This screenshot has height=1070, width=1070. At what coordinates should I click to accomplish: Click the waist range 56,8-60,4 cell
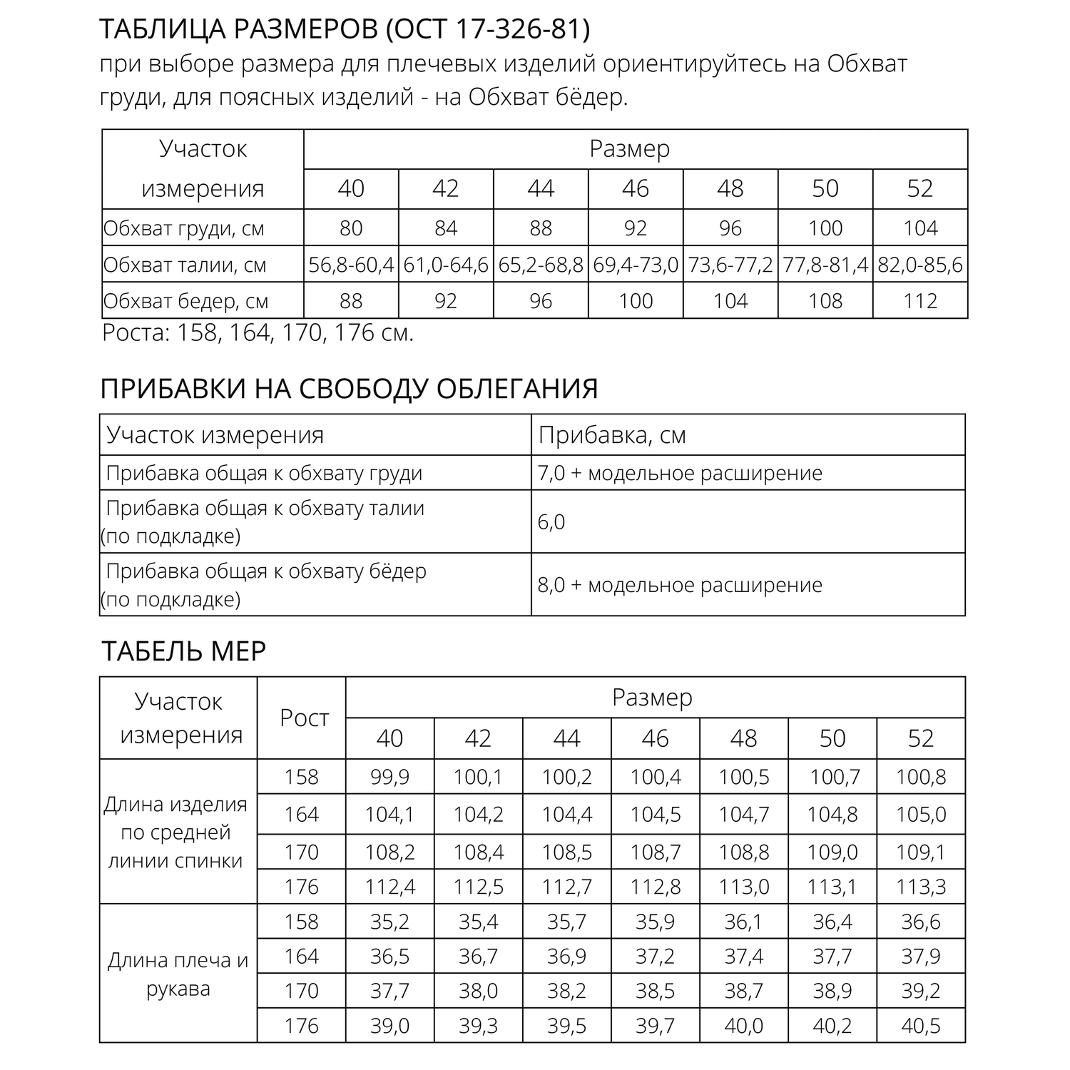coord(351,265)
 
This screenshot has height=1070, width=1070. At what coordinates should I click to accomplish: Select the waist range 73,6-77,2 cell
coord(730,265)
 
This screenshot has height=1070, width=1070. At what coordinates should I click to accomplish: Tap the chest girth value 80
coord(351,228)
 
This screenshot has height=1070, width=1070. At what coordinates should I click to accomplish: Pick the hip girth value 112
coord(920,301)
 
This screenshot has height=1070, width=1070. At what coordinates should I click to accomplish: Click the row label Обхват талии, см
coord(185,265)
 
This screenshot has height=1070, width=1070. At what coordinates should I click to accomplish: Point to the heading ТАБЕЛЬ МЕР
coord(183,651)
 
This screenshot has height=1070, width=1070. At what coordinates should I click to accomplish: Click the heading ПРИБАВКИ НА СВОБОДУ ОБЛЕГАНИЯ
coord(349,389)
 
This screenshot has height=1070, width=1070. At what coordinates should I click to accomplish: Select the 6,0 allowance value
coord(551,522)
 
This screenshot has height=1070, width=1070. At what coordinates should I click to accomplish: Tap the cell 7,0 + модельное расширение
coord(680,473)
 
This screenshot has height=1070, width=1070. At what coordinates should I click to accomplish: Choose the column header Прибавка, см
coord(612,435)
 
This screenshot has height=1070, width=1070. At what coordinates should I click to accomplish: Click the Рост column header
coord(304,718)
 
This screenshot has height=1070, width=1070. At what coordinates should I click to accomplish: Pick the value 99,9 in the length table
coord(389,777)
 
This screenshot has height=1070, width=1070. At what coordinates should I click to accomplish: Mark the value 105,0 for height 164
coord(920,815)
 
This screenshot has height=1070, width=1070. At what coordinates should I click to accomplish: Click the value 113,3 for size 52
coord(920,887)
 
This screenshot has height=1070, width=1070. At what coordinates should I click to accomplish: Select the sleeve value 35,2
coord(389,922)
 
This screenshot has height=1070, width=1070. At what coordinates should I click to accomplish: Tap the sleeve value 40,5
coord(920,1026)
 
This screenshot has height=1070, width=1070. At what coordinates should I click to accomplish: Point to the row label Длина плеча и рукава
coord(178,974)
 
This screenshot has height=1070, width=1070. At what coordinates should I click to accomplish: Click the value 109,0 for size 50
coord(832,852)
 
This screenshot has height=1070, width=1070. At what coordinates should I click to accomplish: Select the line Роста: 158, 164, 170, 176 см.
coord(258,333)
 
